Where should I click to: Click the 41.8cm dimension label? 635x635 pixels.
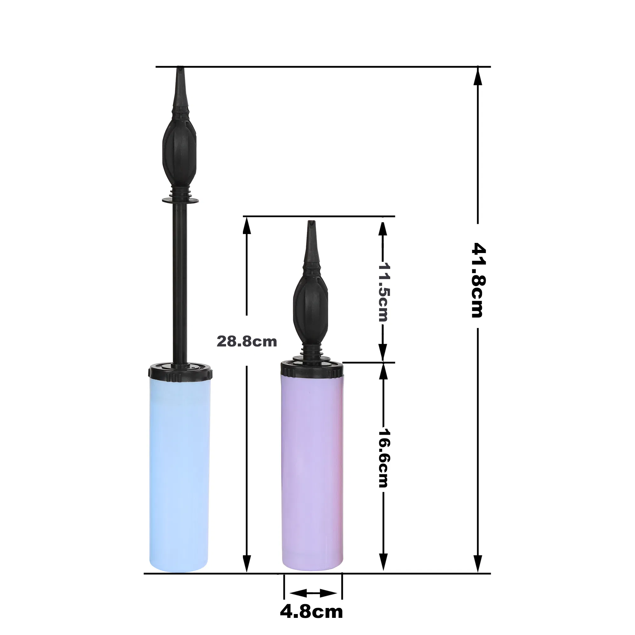pyautogui.click(x=478, y=280)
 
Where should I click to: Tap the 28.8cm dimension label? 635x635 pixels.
pyautogui.click(x=246, y=342)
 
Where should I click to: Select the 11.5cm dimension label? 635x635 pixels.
pyautogui.click(x=383, y=292)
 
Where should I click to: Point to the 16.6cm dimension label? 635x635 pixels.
pyautogui.click(x=383, y=458)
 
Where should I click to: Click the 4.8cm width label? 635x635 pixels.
pyautogui.click(x=311, y=612)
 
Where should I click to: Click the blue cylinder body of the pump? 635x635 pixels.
pyautogui.click(x=179, y=477)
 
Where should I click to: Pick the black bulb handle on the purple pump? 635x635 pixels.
pyautogui.click(x=310, y=306)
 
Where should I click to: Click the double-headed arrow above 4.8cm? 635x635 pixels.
pyautogui.click(x=313, y=593)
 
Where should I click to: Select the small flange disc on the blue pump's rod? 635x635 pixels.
pyautogui.click(x=180, y=200)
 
